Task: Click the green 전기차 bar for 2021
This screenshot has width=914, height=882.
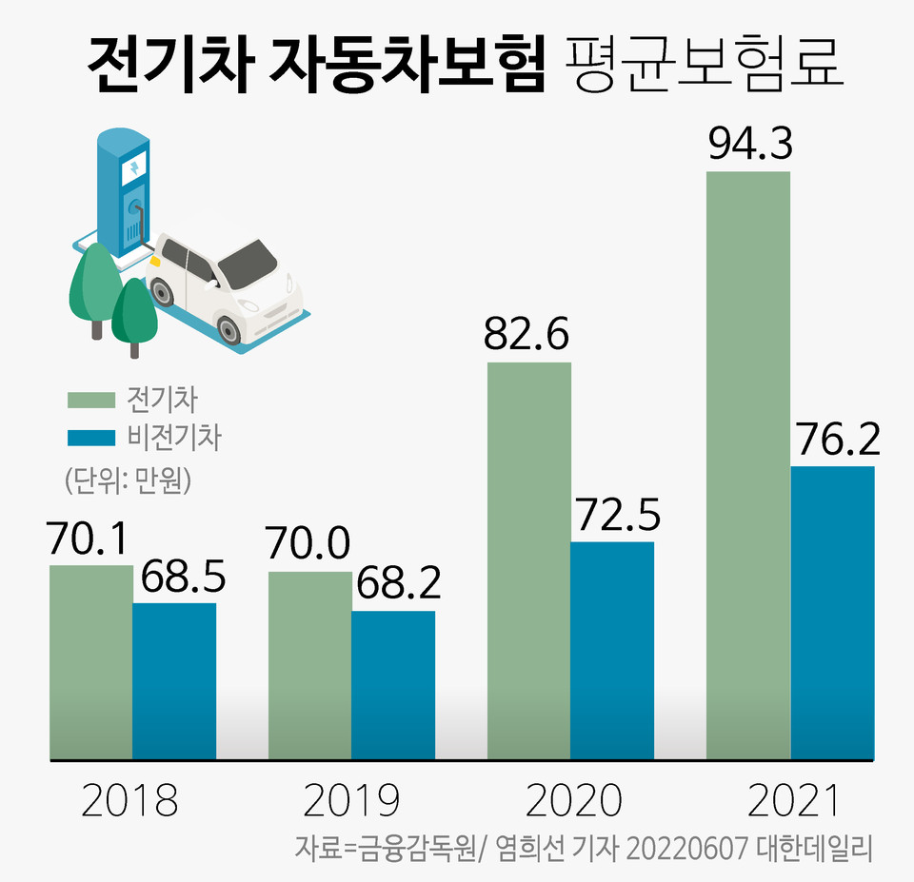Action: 748,466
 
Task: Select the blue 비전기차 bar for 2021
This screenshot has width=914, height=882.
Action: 832,614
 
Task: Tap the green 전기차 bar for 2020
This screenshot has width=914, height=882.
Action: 529,561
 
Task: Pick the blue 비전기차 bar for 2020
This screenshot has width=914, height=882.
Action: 612,652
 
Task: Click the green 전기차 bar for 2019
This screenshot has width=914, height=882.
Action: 310,666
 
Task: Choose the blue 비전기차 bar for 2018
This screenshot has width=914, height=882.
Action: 174,681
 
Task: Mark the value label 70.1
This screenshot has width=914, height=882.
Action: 91,541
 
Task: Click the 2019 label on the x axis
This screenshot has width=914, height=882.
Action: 350,801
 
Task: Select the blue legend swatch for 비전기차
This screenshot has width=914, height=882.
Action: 89,439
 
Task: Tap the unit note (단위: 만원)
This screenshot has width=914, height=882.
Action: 129,479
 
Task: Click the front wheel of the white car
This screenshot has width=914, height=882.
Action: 228,329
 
